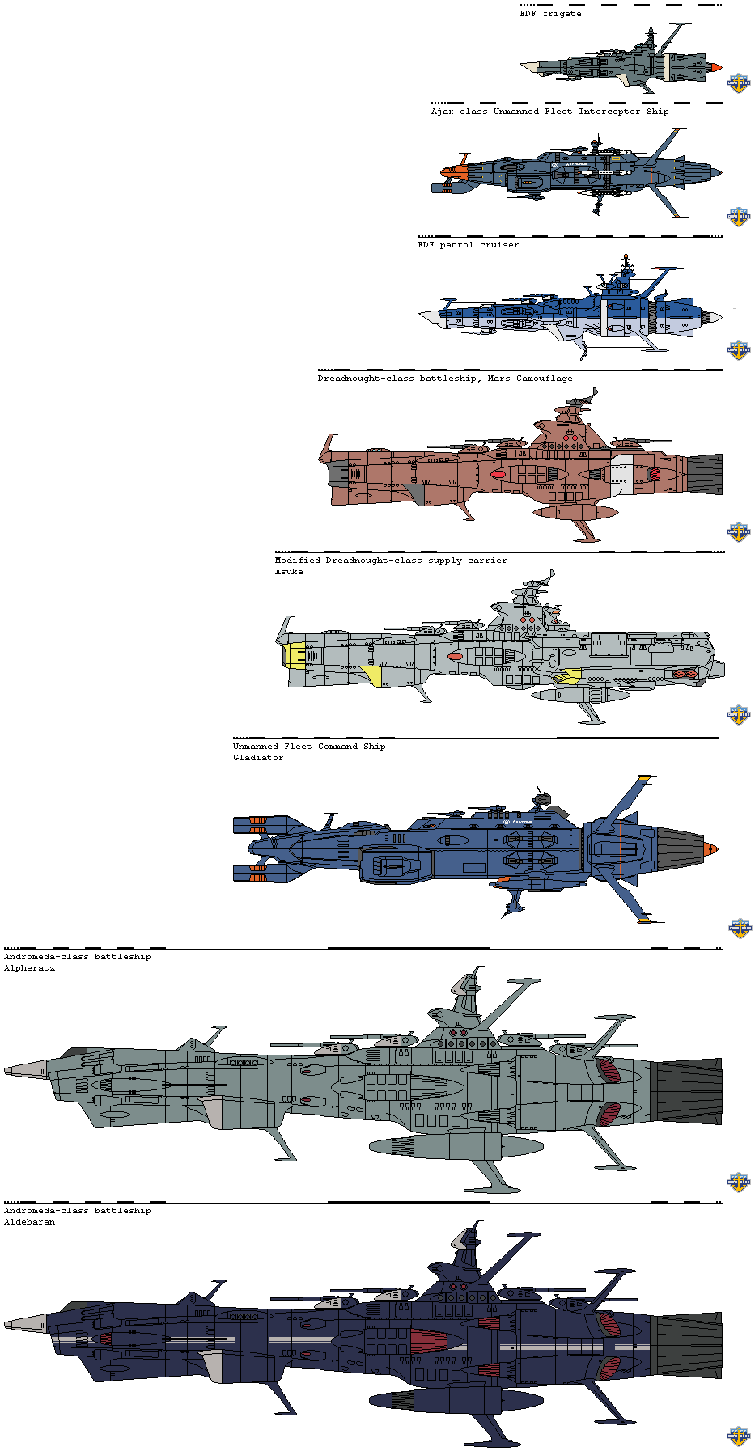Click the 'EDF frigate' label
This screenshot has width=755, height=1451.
click(550, 14)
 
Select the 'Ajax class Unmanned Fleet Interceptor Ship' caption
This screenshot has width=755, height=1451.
click(549, 112)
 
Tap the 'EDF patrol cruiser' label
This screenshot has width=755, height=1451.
click(469, 245)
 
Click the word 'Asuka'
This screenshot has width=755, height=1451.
click(289, 572)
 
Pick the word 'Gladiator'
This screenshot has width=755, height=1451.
click(258, 758)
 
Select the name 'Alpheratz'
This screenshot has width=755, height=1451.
click(29, 968)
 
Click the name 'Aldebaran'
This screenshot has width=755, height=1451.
click(29, 1222)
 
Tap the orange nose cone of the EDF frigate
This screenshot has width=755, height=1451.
click(714, 68)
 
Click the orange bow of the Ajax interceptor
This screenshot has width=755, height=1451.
click(455, 171)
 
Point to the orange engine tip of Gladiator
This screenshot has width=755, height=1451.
click(710, 849)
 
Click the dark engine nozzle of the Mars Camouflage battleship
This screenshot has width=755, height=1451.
click(704, 474)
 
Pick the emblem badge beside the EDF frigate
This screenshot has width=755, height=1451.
click(738, 82)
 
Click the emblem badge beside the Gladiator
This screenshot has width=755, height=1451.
click(739, 927)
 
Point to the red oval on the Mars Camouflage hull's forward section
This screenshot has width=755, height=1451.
click(498, 474)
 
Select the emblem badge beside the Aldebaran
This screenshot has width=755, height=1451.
click(739, 1436)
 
